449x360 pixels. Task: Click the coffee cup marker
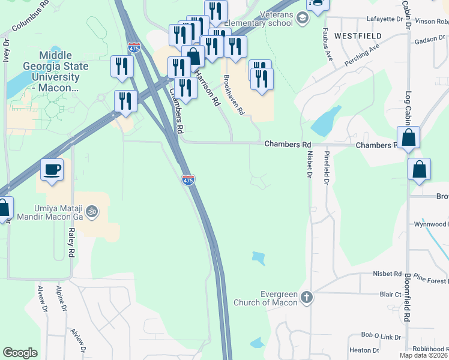click(x=52, y=170)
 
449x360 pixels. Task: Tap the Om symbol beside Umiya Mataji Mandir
click(x=92, y=211)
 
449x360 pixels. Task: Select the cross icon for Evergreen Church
click(x=307, y=298)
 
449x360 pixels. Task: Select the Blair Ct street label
click(x=390, y=295)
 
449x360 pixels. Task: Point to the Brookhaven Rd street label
click(x=235, y=95)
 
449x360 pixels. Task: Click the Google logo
click(x=20, y=353)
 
